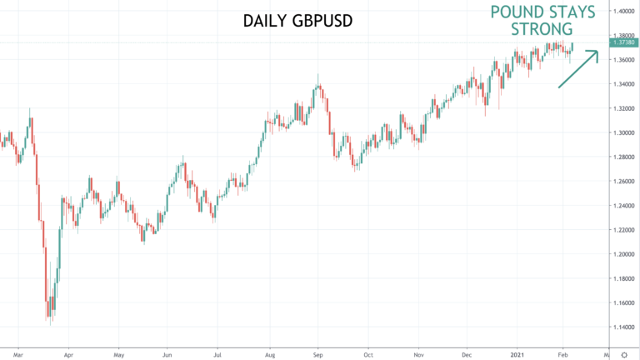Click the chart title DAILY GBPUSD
tap(297, 21)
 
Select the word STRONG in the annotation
tap(542, 29)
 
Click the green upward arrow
tap(578, 68)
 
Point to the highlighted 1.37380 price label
tap(623, 42)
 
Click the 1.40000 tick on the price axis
tap(624, 11)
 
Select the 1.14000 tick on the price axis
tap(624, 327)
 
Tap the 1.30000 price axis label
tap(624, 132)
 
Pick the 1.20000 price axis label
tap(624, 254)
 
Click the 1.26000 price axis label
tap(624, 181)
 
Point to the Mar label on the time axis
tap(18, 355)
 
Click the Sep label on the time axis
tap(318, 355)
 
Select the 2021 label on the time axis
tap(517, 355)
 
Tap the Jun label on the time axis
tap(167, 355)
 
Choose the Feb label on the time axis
tap(562, 355)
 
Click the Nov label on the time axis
tap(418, 355)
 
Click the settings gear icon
tap(624, 355)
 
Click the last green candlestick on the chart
tap(572, 47)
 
